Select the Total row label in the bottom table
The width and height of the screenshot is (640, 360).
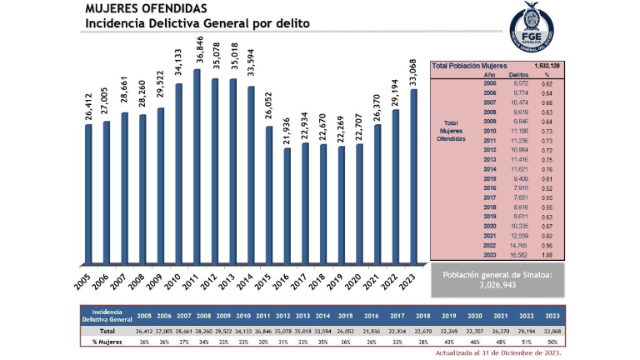click(107, 331)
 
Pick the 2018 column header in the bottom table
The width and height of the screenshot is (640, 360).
click(423, 317)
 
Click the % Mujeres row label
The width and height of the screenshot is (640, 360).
click(107, 341)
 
